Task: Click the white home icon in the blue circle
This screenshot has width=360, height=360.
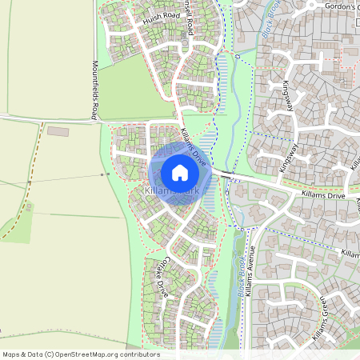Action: [x=180, y=173]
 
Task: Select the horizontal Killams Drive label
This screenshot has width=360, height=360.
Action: [x=323, y=194]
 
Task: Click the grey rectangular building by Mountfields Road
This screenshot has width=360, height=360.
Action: [x=58, y=130]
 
